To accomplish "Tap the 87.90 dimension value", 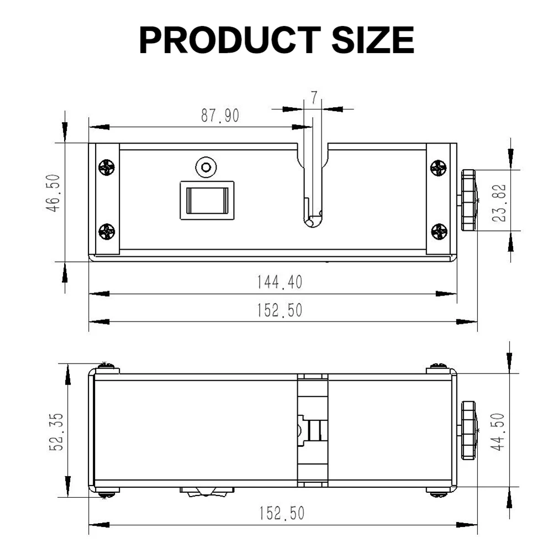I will pos(220,116).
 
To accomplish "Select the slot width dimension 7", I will pos(314,98).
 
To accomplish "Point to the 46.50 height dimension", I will pos(54,202).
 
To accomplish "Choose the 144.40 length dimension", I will pos(280,283).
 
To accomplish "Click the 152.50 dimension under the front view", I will pos(280,311).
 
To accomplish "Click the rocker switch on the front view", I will pos(206,200).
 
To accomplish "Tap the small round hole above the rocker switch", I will pos(206,167).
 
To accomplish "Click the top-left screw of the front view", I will pos(107,167).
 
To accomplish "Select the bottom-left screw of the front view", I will pos(107,232).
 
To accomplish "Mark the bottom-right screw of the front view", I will pos(439,232).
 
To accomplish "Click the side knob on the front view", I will pos(468,200).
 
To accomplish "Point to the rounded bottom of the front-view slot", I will pos(313,221).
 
